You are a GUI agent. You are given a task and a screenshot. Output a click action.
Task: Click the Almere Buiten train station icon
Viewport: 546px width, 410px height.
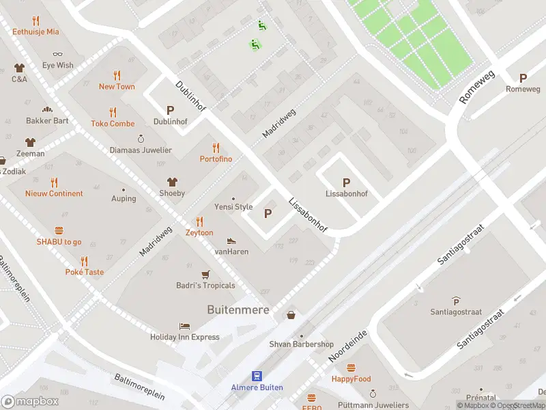[x=257, y=375]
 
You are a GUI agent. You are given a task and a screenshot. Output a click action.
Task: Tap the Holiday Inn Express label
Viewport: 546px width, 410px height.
[x=185, y=337]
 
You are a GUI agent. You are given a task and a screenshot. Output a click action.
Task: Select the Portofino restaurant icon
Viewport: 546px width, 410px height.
[x=216, y=148]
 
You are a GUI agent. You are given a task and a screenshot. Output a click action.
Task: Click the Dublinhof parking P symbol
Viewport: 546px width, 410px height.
[x=170, y=110]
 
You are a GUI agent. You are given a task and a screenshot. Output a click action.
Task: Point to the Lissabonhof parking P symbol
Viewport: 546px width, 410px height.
[x=346, y=182]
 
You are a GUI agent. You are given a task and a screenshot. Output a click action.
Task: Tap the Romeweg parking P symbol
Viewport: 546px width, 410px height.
[x=523, y=78]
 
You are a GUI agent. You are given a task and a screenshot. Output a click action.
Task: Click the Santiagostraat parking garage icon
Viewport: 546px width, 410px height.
[x=456, y=301]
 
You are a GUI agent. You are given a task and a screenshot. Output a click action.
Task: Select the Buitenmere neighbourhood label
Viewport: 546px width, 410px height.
[x=238, y=310]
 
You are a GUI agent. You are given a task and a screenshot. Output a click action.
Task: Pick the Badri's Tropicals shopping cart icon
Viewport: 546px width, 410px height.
[x=205, y=275]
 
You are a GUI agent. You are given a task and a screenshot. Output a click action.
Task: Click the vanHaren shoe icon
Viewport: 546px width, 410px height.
[x=231, y=241]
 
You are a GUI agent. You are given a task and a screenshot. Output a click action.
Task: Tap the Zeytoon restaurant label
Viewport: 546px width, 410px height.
[x=199, y=233]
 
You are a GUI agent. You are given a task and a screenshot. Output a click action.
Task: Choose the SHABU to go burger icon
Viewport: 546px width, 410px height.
[x=59, y=231]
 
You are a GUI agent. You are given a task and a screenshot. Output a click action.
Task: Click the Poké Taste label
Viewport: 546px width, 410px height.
[x=84, y=272]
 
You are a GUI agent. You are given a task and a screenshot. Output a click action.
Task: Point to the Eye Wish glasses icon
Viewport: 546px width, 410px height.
[x=57, y=54]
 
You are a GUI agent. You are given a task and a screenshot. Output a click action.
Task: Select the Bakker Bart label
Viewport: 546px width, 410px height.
[x=47, y=121]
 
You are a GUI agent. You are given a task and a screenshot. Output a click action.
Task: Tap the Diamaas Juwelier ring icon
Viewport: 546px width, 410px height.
[x=141, y=138]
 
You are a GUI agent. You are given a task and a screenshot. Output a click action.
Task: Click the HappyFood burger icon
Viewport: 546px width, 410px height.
[x=351, y=368]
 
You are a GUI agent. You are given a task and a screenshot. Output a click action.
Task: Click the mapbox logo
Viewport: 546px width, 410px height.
[x=31, y=402]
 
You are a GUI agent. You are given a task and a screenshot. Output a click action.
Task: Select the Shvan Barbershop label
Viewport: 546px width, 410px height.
[x=301, y=344]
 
